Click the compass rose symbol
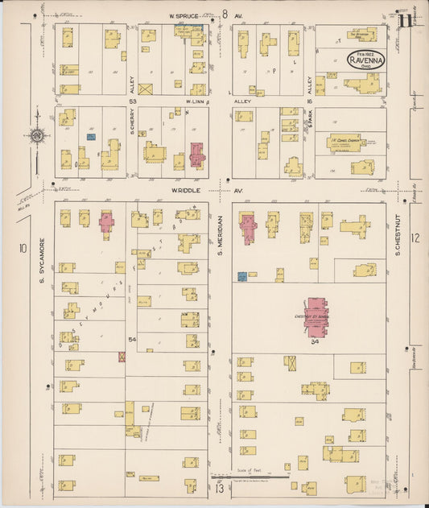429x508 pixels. tap(36, 136)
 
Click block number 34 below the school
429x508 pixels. tap(315, 342)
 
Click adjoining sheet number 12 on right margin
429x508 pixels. tap(415, 237)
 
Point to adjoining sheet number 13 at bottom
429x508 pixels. tap(218, 488)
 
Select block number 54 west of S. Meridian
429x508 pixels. tap(132, 341)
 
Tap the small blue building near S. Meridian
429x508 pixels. tap(241, 276)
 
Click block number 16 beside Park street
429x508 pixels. tap(308, 102)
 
